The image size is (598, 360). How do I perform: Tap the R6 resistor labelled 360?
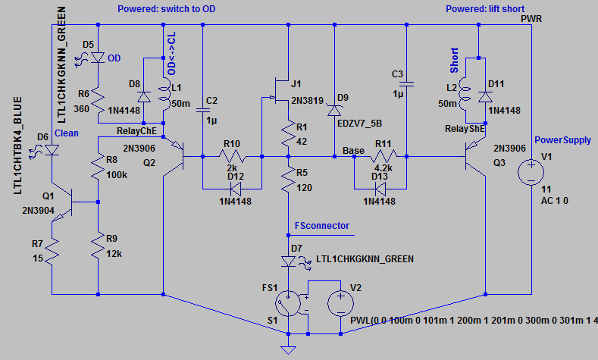[100, 99]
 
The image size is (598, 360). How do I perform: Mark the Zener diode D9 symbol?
[333, 111]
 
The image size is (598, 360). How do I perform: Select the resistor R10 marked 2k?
[232, 157]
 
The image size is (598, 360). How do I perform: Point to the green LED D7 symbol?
[288, 261]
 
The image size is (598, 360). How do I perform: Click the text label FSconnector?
[324, 226]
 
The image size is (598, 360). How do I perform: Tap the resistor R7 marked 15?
[52, 251]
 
